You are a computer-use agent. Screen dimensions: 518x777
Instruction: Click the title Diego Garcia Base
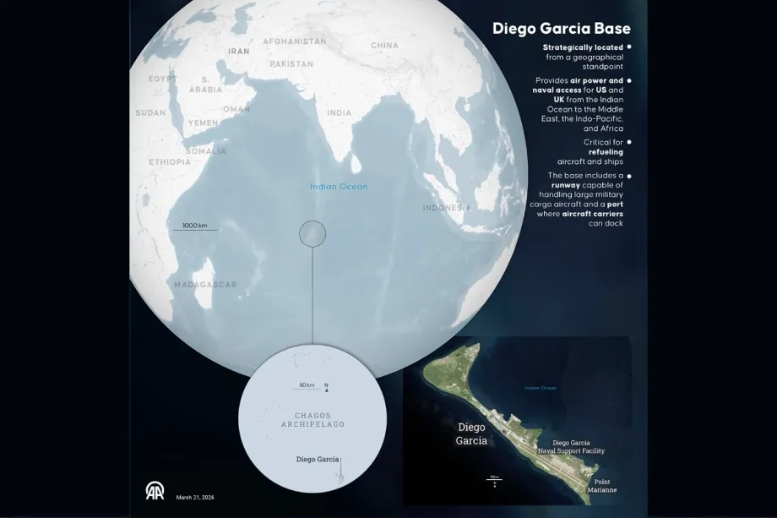coord(561,29)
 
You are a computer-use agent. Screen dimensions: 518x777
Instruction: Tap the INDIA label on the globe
coord(340,112)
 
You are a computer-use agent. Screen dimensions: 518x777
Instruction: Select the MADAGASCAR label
coord(205,285)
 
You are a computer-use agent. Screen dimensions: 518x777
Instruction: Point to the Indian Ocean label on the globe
coord(339,186)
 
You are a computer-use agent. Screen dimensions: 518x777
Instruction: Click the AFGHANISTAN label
coord(294,41)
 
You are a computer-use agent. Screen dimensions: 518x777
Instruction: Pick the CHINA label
coord(384,45)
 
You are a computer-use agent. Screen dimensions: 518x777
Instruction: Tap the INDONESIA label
coord(447,208)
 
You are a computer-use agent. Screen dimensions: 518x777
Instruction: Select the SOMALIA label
coord(206,151)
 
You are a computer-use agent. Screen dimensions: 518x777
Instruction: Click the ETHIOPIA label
coord(170,161)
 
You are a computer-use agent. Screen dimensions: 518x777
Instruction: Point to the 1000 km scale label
coord(200,226)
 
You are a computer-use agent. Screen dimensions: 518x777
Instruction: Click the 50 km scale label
coord(307,385)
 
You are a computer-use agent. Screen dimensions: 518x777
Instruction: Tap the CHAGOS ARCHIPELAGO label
coord(307,420)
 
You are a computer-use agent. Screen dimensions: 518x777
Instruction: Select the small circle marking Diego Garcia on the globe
coord(312,232)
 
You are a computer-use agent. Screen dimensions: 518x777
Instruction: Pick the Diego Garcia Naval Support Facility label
coord(571,447)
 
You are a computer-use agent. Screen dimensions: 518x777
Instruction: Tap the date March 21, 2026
coord(195,498)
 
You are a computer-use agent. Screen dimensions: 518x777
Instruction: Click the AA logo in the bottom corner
coord(155,491)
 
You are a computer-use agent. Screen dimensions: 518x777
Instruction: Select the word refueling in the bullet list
coord(606,152)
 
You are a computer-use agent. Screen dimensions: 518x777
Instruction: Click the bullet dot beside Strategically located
coord(630,47)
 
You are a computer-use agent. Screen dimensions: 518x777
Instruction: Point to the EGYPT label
coord(162,79)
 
